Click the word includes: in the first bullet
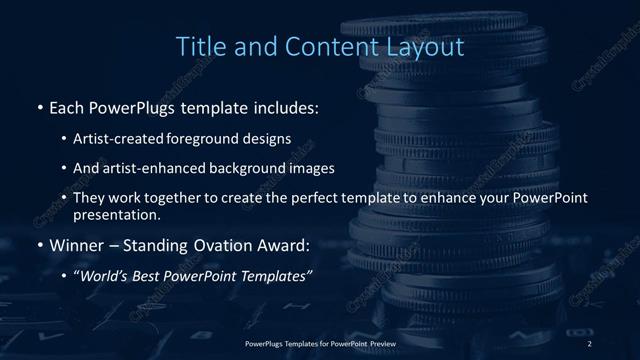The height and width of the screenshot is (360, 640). pyautogui.click(x=287, y=105)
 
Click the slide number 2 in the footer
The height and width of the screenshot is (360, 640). pyautogui.click(x=590, y=343)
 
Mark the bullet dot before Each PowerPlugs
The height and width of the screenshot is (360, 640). pyautogui.click(x=39, y=105)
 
